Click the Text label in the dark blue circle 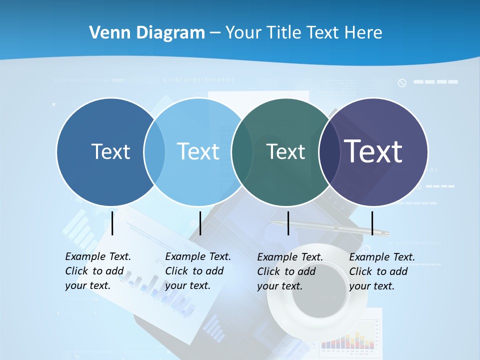tap(110, 151)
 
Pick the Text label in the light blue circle tap(198, 151)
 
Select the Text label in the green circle tap(285, 151)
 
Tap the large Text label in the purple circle tap(373, 151)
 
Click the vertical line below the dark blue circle tap(112, 223)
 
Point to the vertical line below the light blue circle tap(200, 223)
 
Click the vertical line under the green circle tap(288, 223)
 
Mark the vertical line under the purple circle tap(372, 223)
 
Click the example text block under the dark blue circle tap(97, 271)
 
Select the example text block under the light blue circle tap(197, 271)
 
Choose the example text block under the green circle tap(289, 271)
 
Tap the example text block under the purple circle tap(381, 271)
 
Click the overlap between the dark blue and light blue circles tap(154, 151)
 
